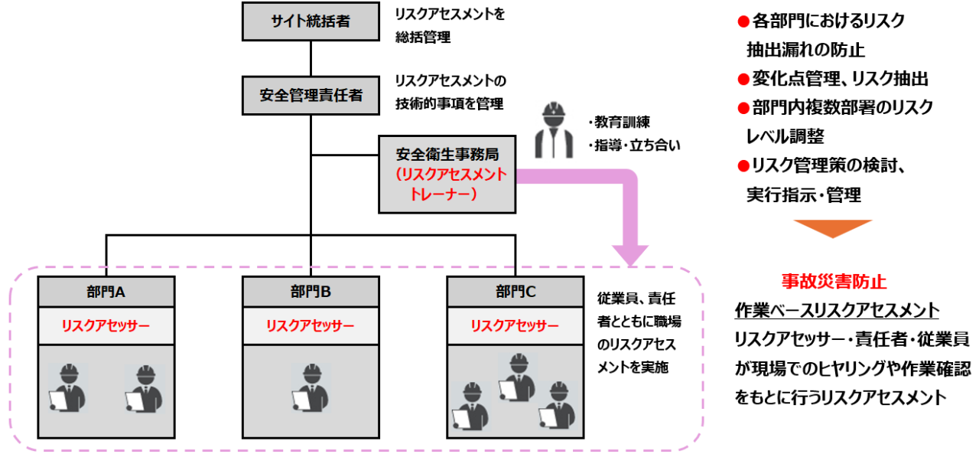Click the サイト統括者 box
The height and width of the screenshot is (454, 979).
311,21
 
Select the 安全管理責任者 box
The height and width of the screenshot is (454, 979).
311,95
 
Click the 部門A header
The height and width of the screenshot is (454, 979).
106,291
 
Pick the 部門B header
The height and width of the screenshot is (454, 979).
311,291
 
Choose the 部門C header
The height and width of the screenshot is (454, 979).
515,291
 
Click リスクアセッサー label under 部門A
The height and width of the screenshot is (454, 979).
106,325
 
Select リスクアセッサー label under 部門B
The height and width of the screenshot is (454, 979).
311,325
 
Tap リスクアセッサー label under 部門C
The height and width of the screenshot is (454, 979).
515,325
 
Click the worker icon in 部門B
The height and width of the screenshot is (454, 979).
311,387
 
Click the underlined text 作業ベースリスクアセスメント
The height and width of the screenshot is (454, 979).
836,310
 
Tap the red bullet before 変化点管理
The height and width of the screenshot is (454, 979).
742,79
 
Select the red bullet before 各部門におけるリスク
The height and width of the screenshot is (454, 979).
742,21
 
